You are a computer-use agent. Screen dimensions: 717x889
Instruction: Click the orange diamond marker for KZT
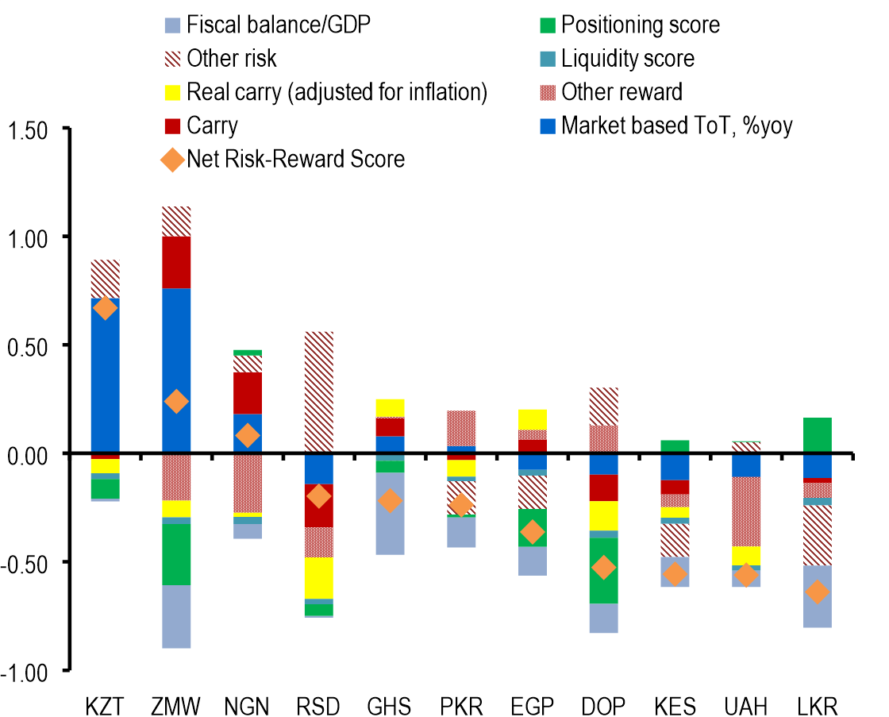pyautogui.click(x=106, y=308)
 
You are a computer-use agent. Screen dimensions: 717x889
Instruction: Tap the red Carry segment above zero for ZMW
pyautogui.click(x=176, y=262)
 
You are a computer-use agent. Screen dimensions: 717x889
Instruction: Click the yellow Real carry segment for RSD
pyautogui.click(x=318, y=577)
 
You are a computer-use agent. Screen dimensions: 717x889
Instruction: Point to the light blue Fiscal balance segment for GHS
pyautogui.click(x=389, y=524)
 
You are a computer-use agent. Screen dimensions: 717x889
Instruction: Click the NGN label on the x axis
pyautogui.click(x=248, y=705)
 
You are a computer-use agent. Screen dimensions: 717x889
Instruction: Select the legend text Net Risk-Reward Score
pyautogui.click(x=296, y=160)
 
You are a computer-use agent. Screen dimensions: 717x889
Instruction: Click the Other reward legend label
pyautogui.click(x=622, y=92)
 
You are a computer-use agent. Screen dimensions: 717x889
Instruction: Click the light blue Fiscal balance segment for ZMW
pyautogui.click(x=176, y=616)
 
